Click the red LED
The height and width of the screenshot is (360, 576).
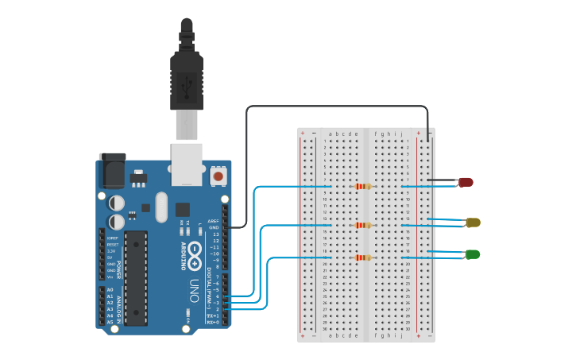[466, 182]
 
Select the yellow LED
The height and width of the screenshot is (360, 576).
[473, 223]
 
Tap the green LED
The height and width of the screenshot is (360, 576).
[473, 254]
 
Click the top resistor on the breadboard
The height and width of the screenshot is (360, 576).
[363, 187]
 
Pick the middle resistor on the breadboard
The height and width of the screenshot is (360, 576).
[363, 225]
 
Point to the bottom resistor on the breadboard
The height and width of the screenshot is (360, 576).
[363, 257]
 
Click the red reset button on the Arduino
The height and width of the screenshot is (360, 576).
[218, 175]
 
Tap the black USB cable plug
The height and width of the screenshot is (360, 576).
[187, 79]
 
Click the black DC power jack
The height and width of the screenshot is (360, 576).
[112, 170]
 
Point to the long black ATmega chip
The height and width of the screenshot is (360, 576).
[136, 277]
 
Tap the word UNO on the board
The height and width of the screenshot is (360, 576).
[194, 291]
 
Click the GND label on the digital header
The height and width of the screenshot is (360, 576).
[213, 228]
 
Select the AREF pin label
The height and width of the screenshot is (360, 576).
[213, 221]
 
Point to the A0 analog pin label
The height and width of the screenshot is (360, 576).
[110, 289]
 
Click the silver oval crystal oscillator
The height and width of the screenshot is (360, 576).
[162, 207]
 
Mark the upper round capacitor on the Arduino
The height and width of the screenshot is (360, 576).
[117, 203]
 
